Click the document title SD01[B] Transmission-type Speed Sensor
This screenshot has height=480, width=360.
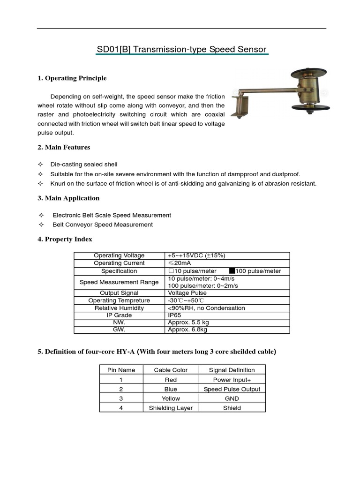pyautogui.click(x=181, y=49)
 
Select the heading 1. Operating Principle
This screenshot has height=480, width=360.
pyautogui.click(x=72, y=78)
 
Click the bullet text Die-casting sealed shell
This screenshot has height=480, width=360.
pyautogui.click(x=85, y=165)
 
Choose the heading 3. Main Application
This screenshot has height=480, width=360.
pyautogui.click(x=68, y=198)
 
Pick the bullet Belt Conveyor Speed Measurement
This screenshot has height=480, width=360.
pyautogui.click(x=103, y=225)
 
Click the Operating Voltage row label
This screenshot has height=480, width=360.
pyautogui.click(x=119, y=255)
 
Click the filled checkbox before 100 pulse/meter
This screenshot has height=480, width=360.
pyautogui.click(x=232, y=271)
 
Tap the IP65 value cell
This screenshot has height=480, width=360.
pyautogui.click(x=174, y=315)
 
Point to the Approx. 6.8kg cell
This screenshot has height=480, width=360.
pyautogui.click(x=187, y=330)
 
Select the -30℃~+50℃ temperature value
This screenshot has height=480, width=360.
pyautogui.click(x=186, y=300)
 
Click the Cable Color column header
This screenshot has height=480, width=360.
pyautogui.click(x=171, y=370)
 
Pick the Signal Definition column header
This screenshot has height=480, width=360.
pyautogui.click(x=232, y=370)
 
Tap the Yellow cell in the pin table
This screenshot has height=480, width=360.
pyautogui.click(x=171, y=398)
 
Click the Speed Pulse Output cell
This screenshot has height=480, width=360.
pyautogui.click(x=232, y=389)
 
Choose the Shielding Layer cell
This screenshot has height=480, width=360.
pyautogui.click(x=171, y=408)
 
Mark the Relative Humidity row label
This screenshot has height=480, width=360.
pyautogui.click(x=119, y=308)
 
